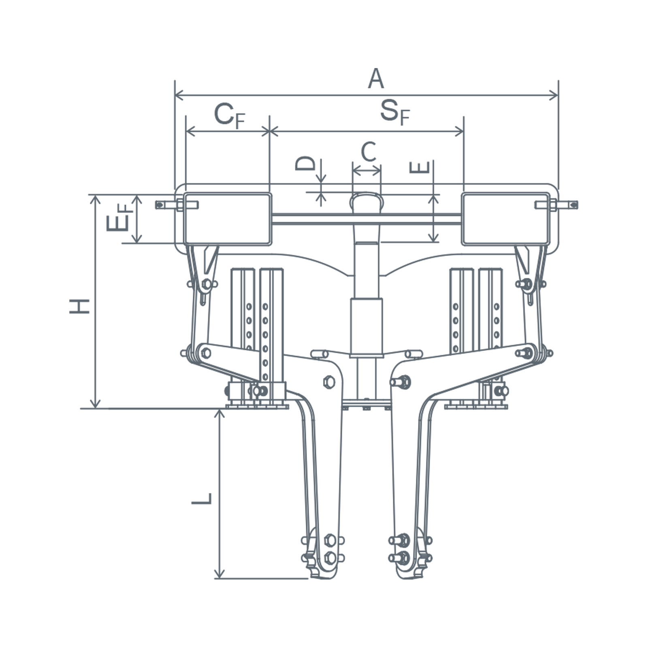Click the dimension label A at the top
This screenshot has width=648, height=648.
pyautogui.click(x=376, y=79)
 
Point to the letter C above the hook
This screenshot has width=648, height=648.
pyautogui.click(x=369, y=152)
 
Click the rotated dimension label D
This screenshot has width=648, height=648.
pyautogui.click(x=305, y=163)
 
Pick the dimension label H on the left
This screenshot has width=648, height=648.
pyautogui.click(x=79, y=306)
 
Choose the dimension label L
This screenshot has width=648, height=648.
pyautogui.click(x=202, y=499)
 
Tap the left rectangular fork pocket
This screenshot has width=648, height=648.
pyautogui.click(x=228, y=219)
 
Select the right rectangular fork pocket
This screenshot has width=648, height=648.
pyautogui.click(x=506, y=219)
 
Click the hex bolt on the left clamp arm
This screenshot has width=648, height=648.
pyautogui.click(x=329, y=382)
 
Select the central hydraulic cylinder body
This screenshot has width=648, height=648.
pyautogui.click(x=367, y=328)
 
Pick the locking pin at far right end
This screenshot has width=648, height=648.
pyautogui.click(x=556, y=205)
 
